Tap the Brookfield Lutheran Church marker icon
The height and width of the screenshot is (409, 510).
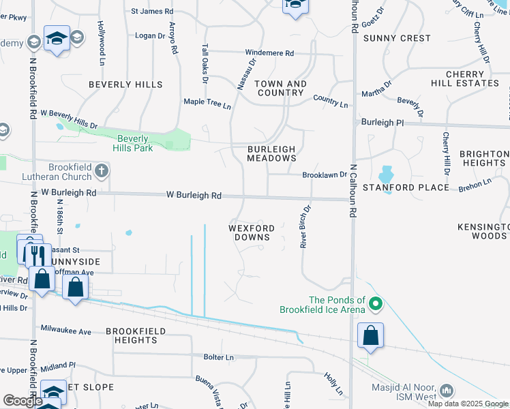click(x=102, y=170)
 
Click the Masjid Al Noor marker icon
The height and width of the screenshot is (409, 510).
click(x=447, y=391)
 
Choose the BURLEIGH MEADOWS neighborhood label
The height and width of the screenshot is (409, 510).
click(x=271, y=153)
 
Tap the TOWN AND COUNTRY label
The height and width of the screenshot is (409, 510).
click(x=280, y=88)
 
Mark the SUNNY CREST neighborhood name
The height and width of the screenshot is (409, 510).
click(x=397, y=38)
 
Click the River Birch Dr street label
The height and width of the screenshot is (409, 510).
click(x=306, y=226)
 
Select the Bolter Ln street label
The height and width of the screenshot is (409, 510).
click(x=218, y=357)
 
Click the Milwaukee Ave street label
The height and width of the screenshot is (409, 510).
click(x=65, y=331)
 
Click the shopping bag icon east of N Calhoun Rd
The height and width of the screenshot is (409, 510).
click(x=370, y=335)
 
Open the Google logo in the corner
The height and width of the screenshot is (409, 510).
click(x=22, y=401)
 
